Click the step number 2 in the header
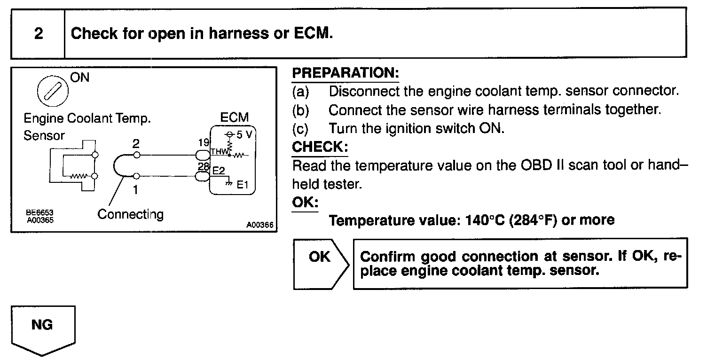click(39, 34)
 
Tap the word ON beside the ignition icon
click(80, 78)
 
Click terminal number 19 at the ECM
click(203, 141)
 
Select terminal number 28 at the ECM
click(204, 167)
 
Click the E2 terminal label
click(219, 172)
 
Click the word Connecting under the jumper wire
click(130, 214)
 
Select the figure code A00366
click(259, 225)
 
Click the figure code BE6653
click(39, 212)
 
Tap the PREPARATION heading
click(346, 73)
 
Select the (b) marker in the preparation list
click(300, 110)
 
